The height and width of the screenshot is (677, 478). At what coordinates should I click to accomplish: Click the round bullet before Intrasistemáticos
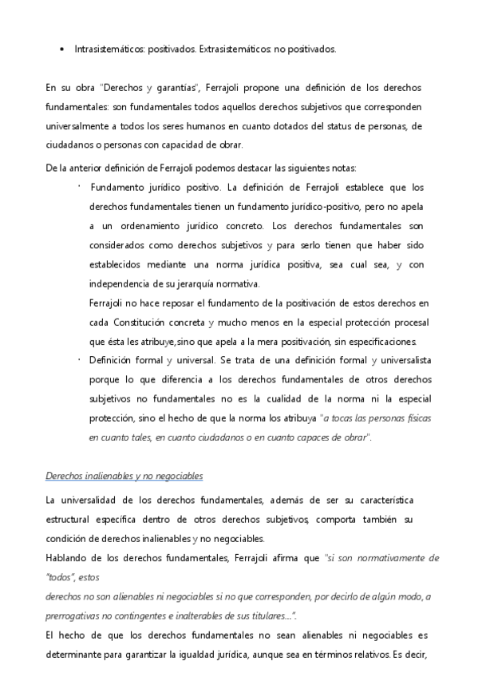coord(61,49)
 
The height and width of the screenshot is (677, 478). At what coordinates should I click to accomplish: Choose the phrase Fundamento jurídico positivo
coord(156,188)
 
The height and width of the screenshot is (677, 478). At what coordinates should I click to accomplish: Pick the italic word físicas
coord(415,418)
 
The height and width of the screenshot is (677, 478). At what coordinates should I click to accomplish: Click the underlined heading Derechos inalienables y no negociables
coord(124,477)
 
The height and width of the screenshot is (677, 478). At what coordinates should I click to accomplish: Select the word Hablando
coord(68,558)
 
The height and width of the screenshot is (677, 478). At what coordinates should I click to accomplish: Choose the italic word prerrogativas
coord(79,616)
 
